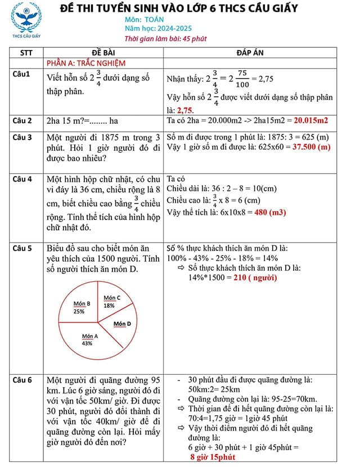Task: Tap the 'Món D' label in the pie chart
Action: tap(122, 324)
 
